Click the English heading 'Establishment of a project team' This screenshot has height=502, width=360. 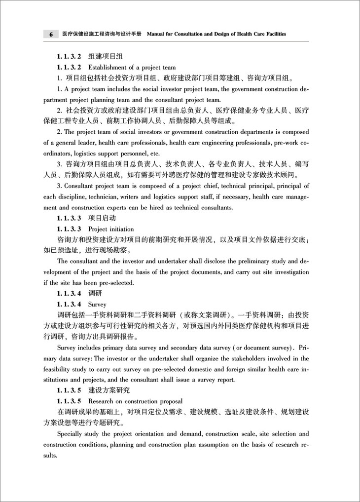(x=132, y=67)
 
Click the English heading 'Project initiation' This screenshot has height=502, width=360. (x=110, y=229)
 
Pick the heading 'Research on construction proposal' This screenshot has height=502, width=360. (x=135, y=401)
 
